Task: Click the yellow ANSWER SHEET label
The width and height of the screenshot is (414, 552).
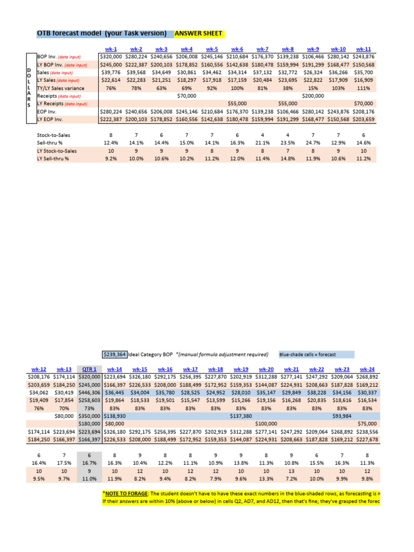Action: coord(198,33)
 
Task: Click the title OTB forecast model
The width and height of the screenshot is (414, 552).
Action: coord(101,33)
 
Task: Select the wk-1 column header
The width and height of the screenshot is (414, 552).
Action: coord(112,49)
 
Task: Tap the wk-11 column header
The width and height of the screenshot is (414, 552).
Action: coord(364,49)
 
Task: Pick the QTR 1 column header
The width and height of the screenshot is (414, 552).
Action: coord(89,369)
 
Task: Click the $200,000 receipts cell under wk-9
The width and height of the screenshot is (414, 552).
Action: coord(313,95)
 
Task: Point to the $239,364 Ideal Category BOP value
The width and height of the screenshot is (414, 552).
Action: coord(114,354)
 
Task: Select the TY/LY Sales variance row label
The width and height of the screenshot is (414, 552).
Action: coord(58,87)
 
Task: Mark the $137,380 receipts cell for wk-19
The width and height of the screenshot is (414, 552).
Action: coord(241,416)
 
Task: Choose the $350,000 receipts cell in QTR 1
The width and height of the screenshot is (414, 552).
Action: coord(89,416)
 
